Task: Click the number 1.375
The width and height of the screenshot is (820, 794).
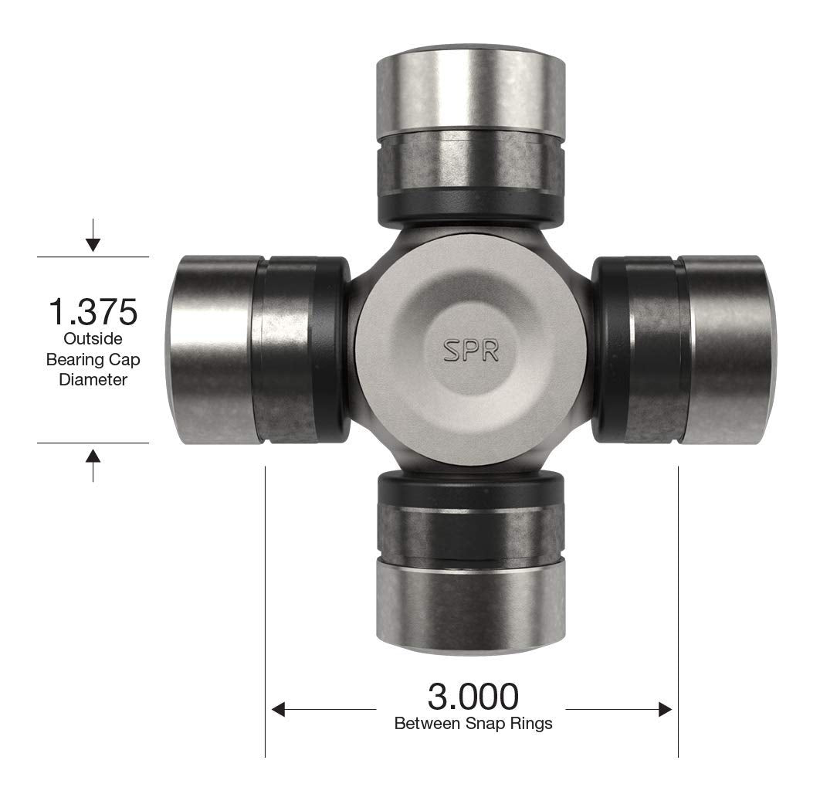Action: coord(93,311)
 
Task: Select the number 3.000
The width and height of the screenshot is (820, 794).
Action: coord(473,697)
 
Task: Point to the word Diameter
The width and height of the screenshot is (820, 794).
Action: coord(93,379)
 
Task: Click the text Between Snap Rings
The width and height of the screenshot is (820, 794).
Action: coord(473,724)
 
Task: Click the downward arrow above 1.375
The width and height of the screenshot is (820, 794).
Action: coord(93,243)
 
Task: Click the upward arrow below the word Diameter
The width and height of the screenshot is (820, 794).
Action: coord(93,456)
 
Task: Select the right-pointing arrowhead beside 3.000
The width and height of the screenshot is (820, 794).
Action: coord(664,709)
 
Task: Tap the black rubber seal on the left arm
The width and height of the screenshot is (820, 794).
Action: coord(335,350)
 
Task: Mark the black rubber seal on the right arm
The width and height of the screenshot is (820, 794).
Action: coord(607,350)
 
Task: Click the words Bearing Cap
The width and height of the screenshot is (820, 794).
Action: coord(93,359)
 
